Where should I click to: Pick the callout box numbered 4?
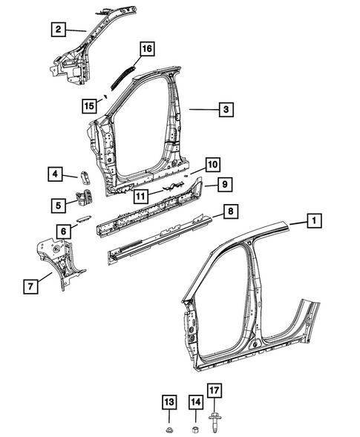[56, 174]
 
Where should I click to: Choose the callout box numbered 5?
[57, 203]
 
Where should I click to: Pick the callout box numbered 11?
[140, 196]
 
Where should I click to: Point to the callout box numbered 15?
[89, 106]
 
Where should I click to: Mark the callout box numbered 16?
[145, 49]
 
